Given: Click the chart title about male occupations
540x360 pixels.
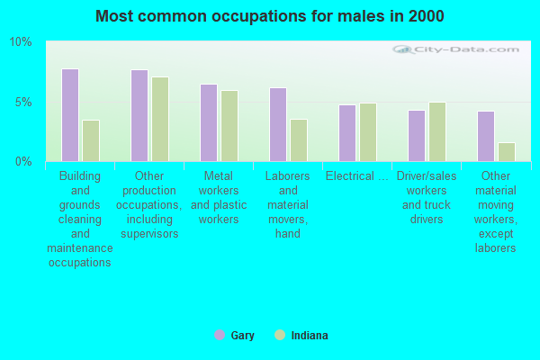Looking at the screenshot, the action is click(270, 16).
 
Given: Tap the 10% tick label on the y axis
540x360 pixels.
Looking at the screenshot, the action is click(21, 42).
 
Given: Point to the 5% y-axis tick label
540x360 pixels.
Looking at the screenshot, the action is click(23, 103).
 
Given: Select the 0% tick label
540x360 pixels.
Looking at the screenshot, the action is click(23, 161).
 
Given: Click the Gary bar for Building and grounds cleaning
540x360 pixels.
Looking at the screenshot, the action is click(70, 115).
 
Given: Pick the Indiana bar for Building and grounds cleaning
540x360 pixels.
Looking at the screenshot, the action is click(91, 140).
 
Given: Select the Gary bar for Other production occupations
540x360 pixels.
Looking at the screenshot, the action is click(139, 115).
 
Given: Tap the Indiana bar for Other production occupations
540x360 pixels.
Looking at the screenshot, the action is click(160, 119).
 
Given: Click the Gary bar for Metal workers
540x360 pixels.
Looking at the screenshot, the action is click(209, 122).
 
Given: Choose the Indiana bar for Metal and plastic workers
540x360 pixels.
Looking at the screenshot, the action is click(229, 126).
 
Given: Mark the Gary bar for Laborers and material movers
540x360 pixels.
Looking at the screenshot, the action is click(278, 125).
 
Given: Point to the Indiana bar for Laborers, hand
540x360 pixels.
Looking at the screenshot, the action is click(299, 140).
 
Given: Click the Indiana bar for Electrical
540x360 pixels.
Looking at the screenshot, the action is click(368, 132).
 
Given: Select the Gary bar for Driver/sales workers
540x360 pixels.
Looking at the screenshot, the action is click(417, 136).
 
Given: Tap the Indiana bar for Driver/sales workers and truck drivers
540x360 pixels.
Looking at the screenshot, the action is click(437, 131).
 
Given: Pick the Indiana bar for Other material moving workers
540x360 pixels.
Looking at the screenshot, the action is click(507, 152).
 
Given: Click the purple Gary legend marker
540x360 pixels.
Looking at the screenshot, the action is click(220, 335).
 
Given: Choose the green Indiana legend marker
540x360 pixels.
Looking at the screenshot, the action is click(280, 335).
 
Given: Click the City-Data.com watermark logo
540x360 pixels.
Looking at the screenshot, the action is click(455, 49).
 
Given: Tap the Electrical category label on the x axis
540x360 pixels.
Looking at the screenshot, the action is click(357, 176).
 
